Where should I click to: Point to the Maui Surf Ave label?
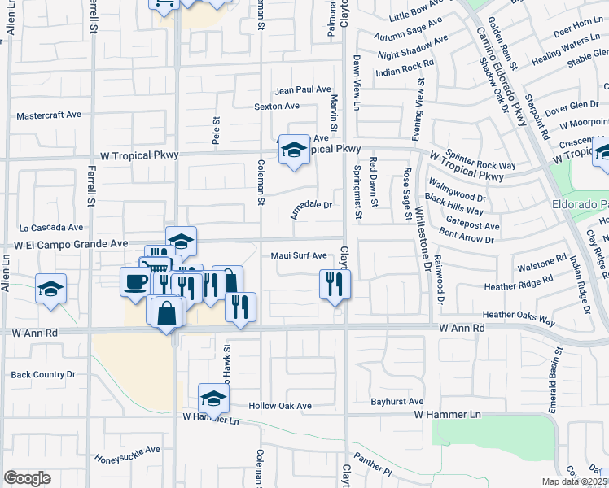pyautogui.click(x=299, y=255)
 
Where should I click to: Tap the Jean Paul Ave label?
pyautogui.click(x=303, y=90)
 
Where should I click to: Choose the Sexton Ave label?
pyautogui.click(x=277, y=107)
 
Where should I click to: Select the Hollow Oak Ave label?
pyautogui.click(x=280, y=406)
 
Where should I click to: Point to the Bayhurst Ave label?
pyautogui.click(x=397, y=402)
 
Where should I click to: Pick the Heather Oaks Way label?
pyautogui.click(x=511, y=315)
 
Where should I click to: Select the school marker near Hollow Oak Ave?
pyautogui.click(x=213, y=399)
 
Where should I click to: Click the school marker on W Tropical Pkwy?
pyautogui.click(x=294, y=150)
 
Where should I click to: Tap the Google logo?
pyautogui.click(x=27, y=477)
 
